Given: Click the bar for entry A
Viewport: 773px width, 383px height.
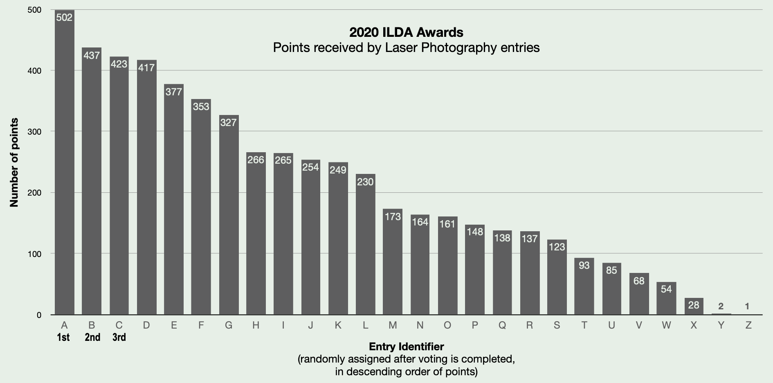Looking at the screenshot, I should point(65,164).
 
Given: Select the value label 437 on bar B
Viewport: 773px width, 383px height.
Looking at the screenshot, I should point(92,55).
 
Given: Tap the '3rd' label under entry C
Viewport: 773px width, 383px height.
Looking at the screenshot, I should point(119,338).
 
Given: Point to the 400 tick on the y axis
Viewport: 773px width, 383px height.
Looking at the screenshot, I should point(35,71).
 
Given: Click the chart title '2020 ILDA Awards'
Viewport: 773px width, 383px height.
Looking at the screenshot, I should point(406,32).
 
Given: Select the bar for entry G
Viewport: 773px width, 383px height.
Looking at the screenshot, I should point(229,217).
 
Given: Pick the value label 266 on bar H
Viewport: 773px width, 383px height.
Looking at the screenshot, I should point(256,160).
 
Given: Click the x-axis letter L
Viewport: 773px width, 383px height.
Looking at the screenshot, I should point(365,325).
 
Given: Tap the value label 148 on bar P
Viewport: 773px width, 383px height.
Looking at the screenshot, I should point(475,232).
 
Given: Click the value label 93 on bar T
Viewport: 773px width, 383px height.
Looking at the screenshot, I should point(584,265).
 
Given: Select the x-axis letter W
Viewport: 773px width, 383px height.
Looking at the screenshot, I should point(666,325).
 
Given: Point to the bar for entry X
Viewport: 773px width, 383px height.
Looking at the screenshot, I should point(694,307).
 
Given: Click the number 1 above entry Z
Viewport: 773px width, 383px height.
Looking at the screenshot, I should point(747,306).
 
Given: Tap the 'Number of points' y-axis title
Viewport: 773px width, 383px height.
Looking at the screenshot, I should point(14,162).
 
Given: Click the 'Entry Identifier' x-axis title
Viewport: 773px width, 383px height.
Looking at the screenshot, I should point(406,347).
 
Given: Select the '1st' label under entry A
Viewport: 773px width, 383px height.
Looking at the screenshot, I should point(64,338).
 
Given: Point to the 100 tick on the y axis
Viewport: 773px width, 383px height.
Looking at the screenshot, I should point(35,254).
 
